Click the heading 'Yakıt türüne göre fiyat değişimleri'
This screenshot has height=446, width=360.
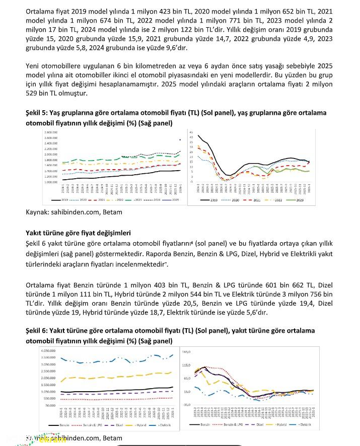[x=78, y=233]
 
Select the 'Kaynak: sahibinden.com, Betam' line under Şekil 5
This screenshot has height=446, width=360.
[x=74, y=212]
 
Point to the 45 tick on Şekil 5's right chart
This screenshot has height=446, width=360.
[x=191, y=132]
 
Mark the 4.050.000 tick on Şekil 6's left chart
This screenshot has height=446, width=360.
[x=47, y=350]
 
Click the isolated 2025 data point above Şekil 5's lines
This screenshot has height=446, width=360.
[x=180, y=140]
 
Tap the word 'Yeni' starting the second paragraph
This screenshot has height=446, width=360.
[x=33, y=66]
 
